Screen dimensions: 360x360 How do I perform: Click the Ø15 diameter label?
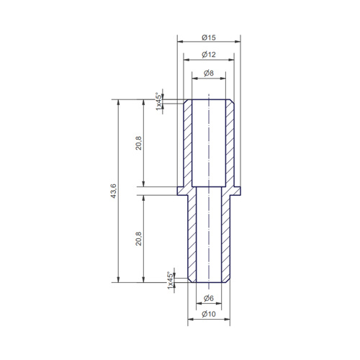pos(209,37)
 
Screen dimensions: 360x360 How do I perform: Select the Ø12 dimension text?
pos(209,55)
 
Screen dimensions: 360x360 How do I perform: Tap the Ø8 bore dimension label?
pos(209,73)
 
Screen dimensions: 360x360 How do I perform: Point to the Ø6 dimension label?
pos(209,298)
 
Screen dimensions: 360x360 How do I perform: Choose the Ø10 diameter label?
pos(209,314)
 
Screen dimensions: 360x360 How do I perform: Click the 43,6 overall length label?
pos(113,191)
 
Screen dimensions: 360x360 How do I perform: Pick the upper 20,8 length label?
pos(139,143)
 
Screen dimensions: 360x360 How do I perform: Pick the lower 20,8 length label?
pos(139,238)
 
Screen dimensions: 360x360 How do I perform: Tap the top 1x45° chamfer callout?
pos(158,102)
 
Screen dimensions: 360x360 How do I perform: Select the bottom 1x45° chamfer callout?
pos(170,280)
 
